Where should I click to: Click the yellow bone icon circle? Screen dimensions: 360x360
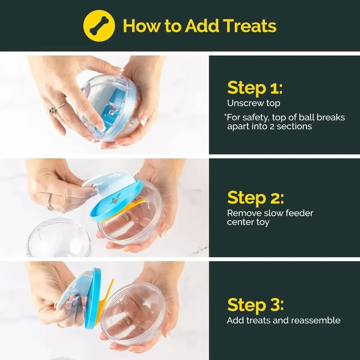pos(99,26)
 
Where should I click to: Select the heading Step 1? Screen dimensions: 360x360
pos(255,87)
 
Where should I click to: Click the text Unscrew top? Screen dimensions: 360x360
pos(253,103)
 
